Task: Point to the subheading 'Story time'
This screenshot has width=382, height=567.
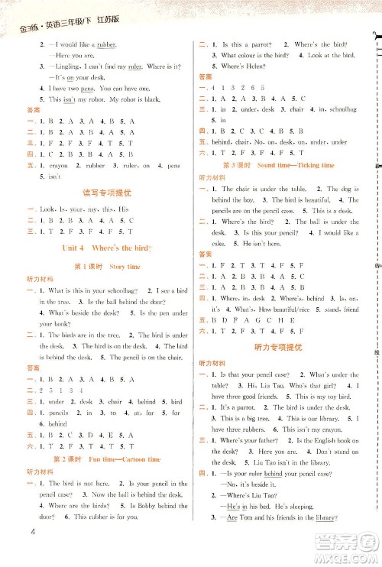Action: [x=123, y=266]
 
